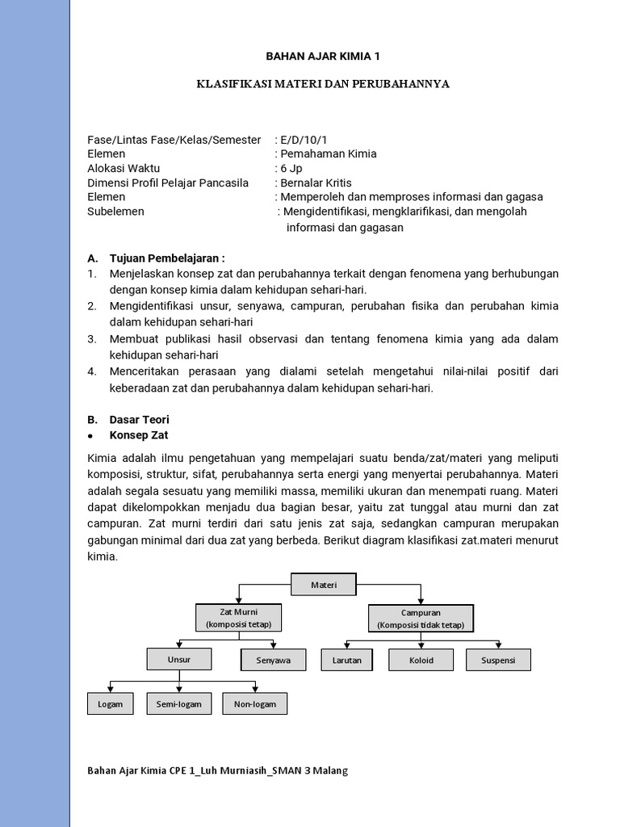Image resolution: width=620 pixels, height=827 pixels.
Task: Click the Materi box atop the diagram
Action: pyautogui.click(x=324, y=584)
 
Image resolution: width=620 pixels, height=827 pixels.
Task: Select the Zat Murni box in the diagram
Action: pyautogui.click(x=238, y=618)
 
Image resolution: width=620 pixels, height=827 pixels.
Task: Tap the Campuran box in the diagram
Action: pyautogui.click(x=421, y=619)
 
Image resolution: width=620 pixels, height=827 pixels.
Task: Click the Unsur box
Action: pyautogui.click(x=178, y=659)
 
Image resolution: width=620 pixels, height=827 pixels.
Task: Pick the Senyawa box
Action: pyautogui.click(x=273, y=661)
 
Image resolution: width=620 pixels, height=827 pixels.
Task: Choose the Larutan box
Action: pyautogui.click(x=346, y=660)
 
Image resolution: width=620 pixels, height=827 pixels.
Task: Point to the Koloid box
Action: pyautogui.click(x=421, y=660)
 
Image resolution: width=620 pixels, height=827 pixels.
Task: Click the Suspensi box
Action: pyautogui.click(x=498, y=660)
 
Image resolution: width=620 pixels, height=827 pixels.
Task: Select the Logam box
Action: pyautogui.click(x=110, y=703)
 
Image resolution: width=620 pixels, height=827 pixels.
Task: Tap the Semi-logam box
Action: pyautogui.click(x=178, y=703)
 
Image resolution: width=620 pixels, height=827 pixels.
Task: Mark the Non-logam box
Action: pyautogui.click(x=254, y=703)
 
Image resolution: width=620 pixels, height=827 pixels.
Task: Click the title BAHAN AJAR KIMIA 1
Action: pyautogui.click(x=323, y=57)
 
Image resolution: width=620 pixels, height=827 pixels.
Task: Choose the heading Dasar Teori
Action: pyautogui.click(x=139, y=420)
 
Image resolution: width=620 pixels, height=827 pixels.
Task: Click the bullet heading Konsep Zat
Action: pyautogui.click(x=138, y=434)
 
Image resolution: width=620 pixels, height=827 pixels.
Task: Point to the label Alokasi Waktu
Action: pyautogui.click(x=123, y=168)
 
